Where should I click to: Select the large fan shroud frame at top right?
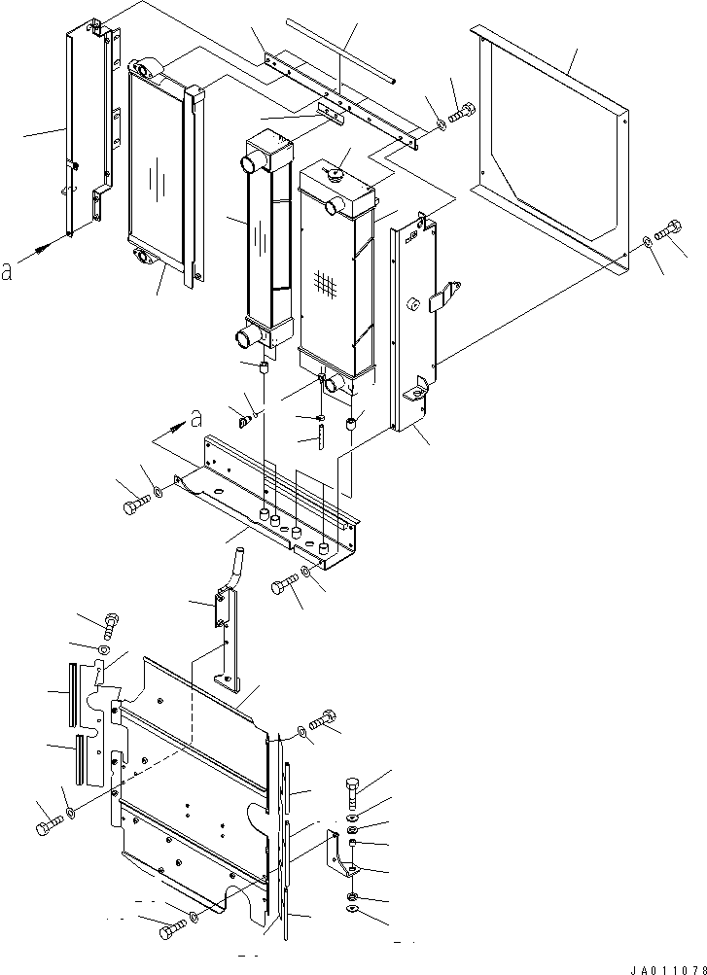pos(550,151)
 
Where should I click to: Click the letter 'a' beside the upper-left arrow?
pos(7,272)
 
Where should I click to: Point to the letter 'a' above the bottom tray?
pos(195,420)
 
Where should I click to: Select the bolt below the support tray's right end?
pos(285,585)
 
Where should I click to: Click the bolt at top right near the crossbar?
pos(461,113)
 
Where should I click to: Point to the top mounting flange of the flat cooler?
pos(147,67)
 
